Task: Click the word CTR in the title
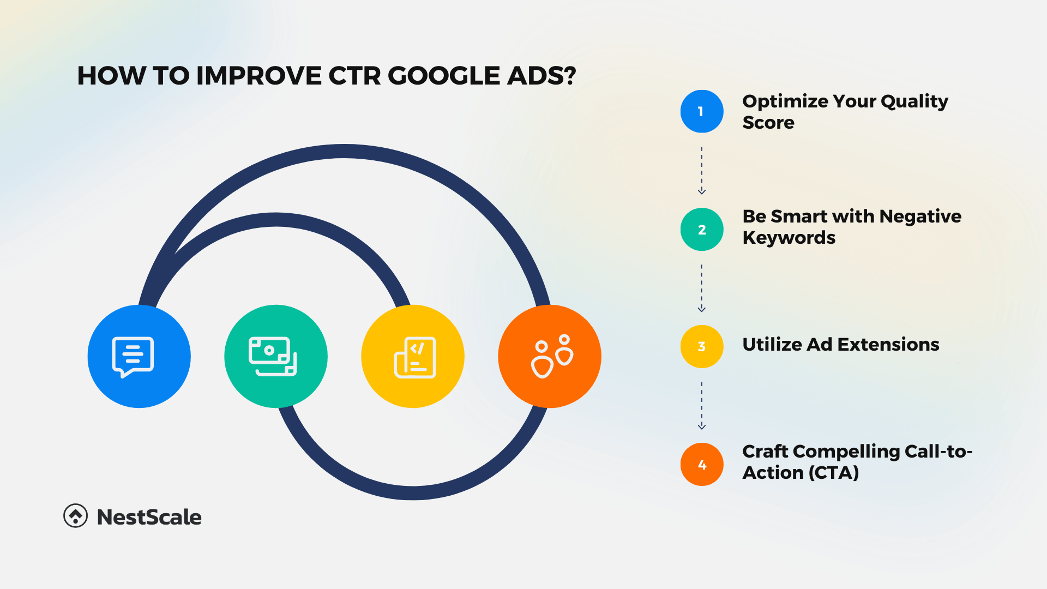click(x=354, y=76)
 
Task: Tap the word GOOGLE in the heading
click(x=444, y=76)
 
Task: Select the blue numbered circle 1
click(x=702, y=111)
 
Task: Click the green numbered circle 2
click(x=702, y=230)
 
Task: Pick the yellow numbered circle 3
click(x=702, y=346)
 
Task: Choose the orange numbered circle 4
click(x=702, y=465)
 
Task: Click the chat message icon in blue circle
click(x=133, y=357)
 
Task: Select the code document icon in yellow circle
click(x=415, y=357)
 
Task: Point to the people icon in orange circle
click(x=551, y=356)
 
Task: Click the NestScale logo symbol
click(x=75, y=516)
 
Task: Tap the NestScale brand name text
click(x=149, y=517)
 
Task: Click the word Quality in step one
click(x=914, y=101)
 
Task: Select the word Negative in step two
click(x=920, y=217)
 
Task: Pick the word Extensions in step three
click(x=888, y=345)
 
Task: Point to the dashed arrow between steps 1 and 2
click(x=702, y=170)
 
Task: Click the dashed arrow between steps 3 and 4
click(x=702, y=406)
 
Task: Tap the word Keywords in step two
click(x=789, y=238)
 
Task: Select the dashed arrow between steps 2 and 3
click(x=702, y=289)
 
